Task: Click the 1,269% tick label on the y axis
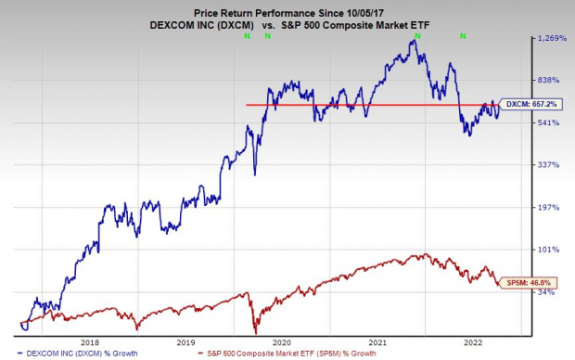[548, 38]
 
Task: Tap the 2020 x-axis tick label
[284, 341]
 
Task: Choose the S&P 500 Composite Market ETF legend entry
[287, 354]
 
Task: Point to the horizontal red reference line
[371, 105]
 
